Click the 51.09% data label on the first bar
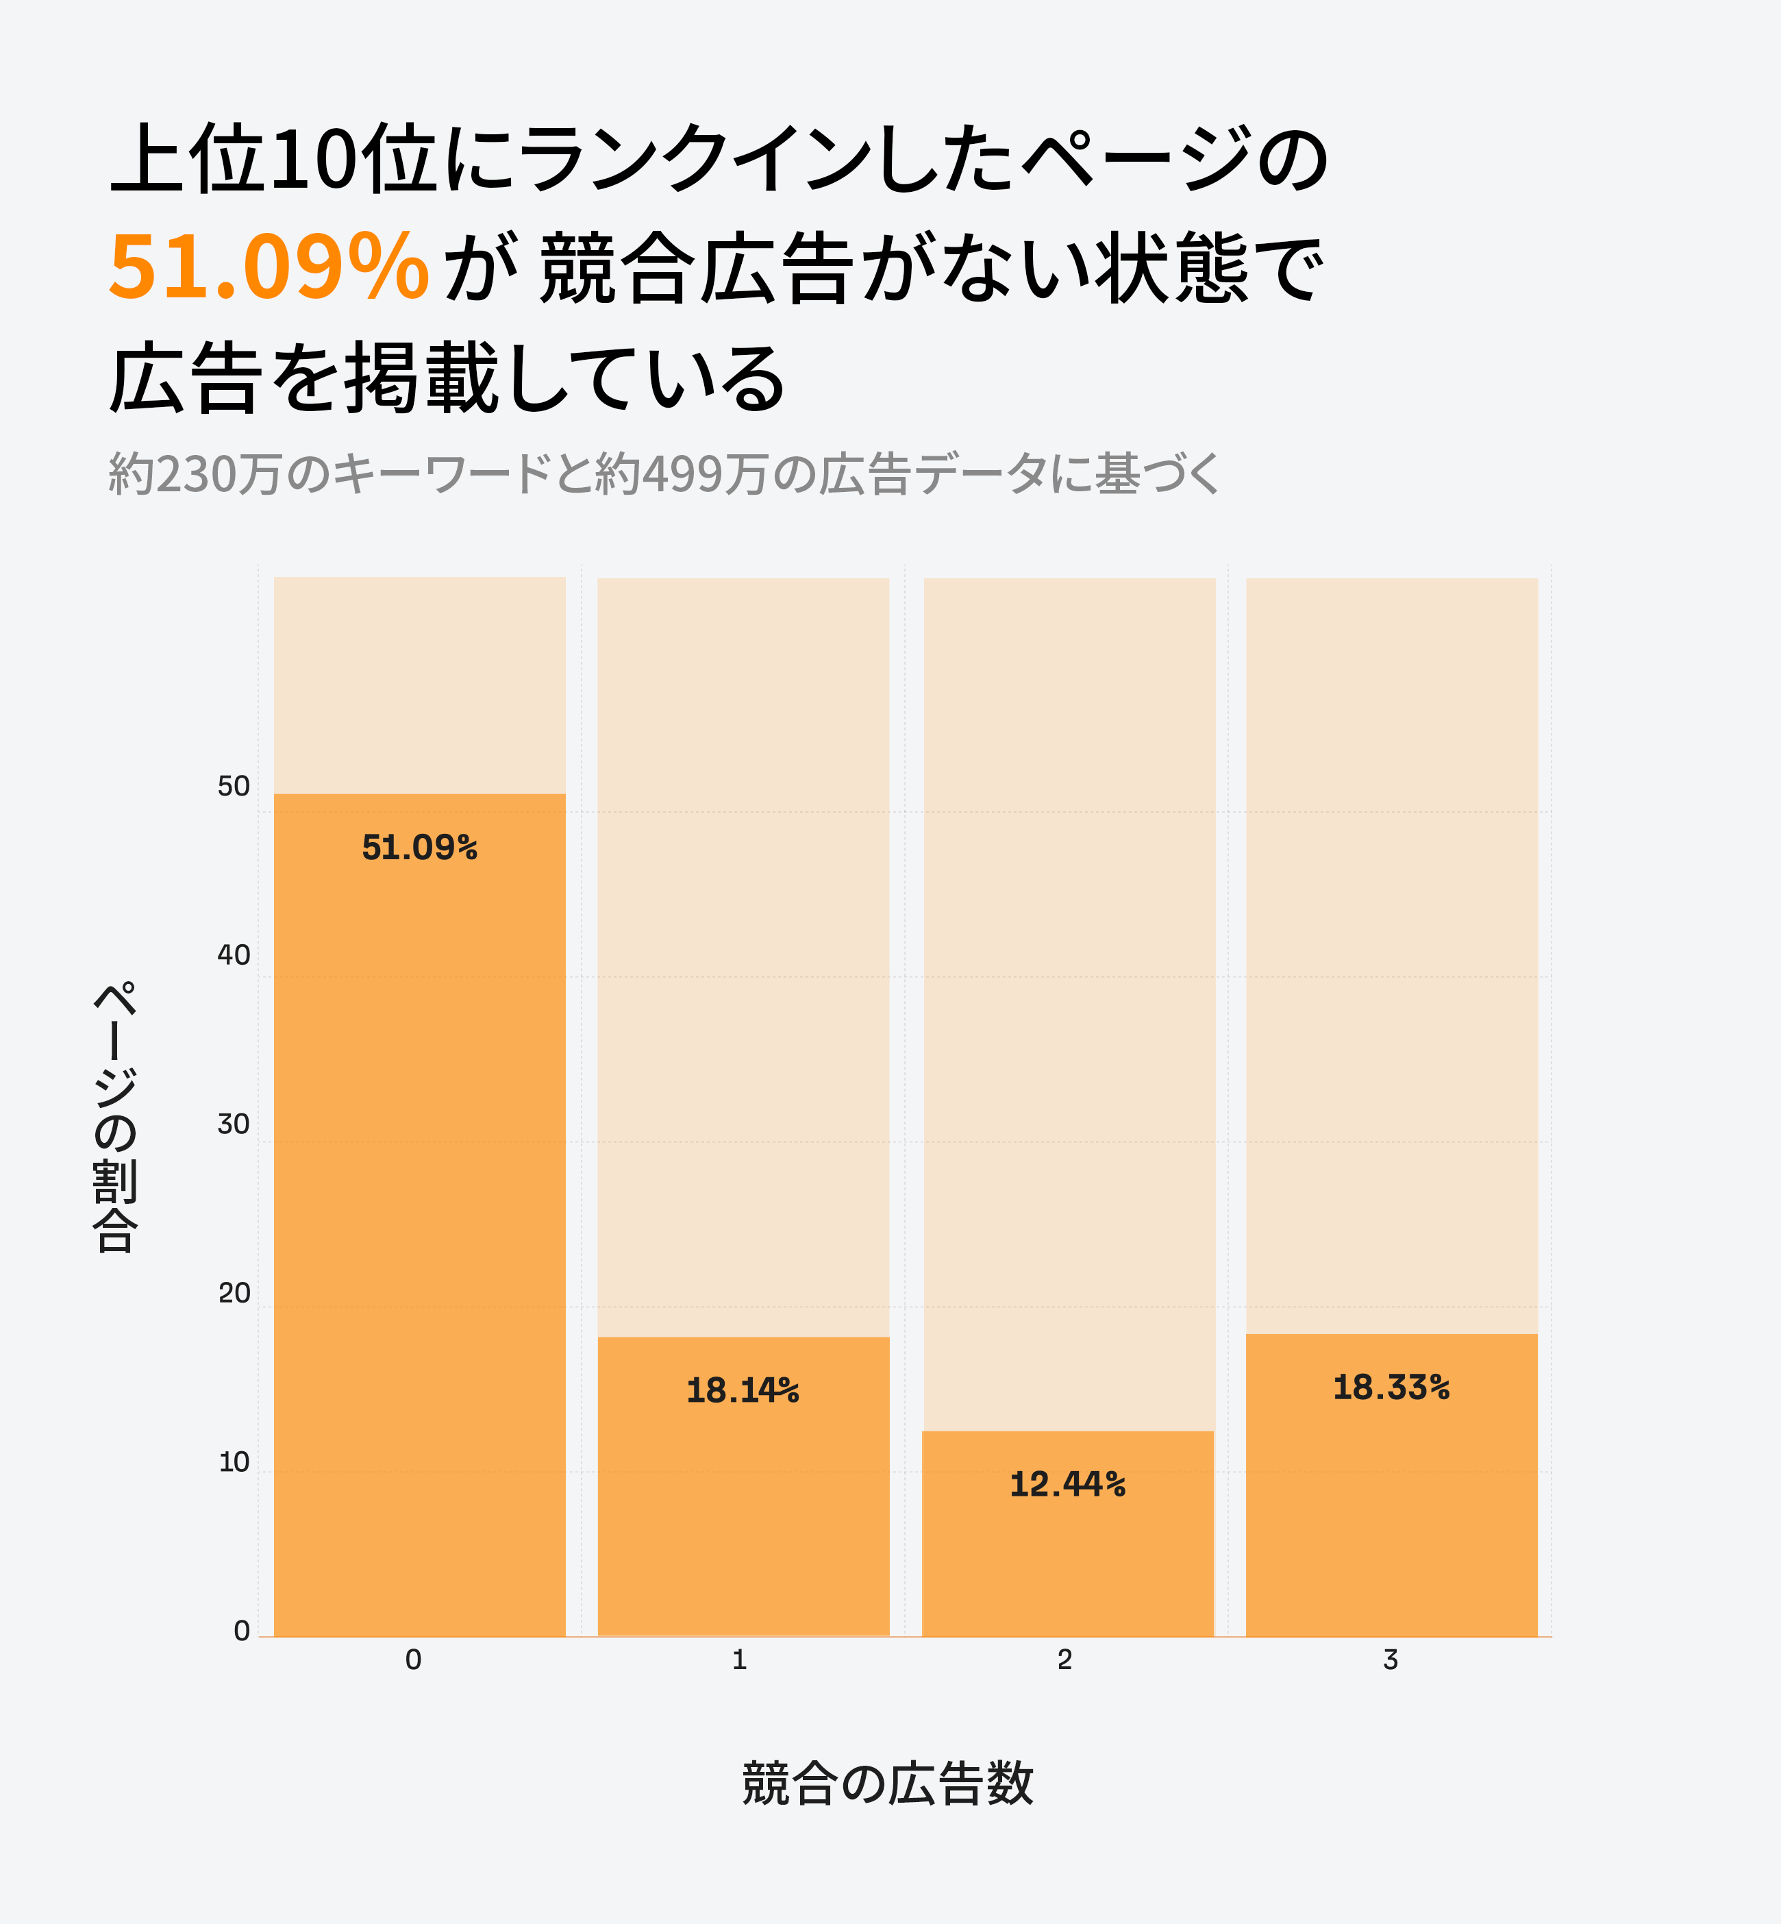point(419,848)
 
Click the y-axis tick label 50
point(233,787)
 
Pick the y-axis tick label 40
point(233,955)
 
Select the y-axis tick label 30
point(233,1124)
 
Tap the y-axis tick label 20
point(233,1293)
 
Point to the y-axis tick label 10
point(233,1462)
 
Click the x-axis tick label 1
point(739,1659)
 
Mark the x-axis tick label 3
point(1390,1659)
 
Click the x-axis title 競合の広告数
point(888,1782)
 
